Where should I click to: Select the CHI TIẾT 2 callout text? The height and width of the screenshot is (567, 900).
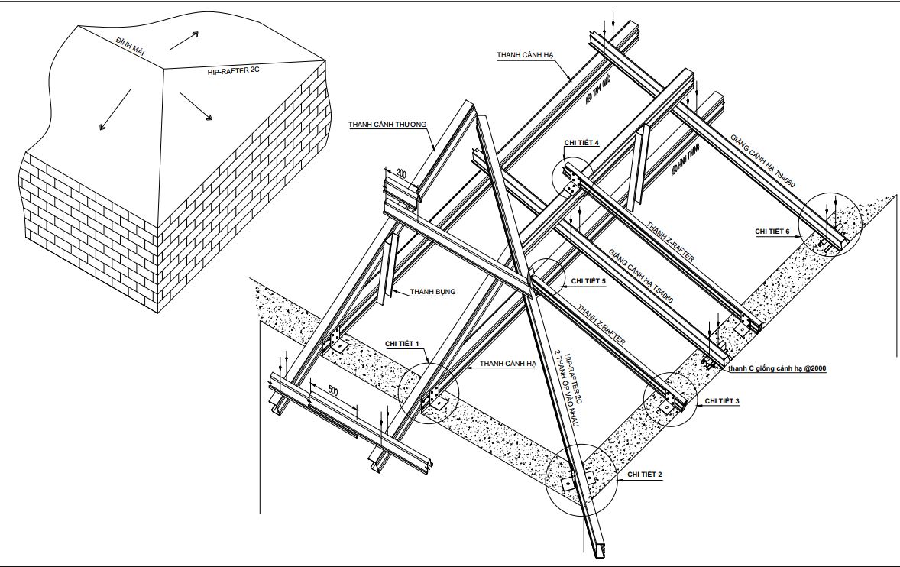pyautogui.click(x=644, y=475)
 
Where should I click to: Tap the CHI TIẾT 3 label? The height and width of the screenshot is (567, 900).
pyautogui.click(x=721, y=400)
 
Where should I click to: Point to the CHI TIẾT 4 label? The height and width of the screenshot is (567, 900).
pyautogui.click(x=582, y=143)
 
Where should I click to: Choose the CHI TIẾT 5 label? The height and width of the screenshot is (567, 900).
pyautogui.click(x=588, y=281)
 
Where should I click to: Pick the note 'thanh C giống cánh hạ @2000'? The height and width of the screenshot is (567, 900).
pyautogui.click(x=776, y=368)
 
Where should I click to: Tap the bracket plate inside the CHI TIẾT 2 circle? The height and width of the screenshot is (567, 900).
pyautogui.click(x=567, y=484)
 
